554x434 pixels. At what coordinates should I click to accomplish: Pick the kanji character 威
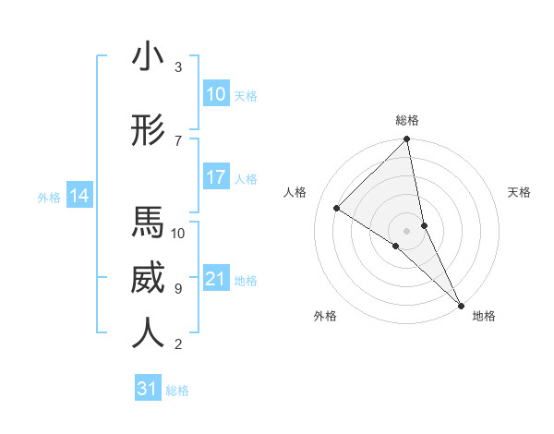[148, 278]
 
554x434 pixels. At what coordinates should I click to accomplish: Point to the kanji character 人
[148, 333]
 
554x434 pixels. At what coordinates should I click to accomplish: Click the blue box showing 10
[215, 94]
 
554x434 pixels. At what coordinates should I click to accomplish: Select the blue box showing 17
[215, 177]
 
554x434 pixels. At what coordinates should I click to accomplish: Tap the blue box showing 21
[215, 279]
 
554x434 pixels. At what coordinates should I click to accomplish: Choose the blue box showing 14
[79, 196]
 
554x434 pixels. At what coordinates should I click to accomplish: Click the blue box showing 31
[148, 389]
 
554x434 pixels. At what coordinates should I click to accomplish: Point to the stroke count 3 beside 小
[178, 67]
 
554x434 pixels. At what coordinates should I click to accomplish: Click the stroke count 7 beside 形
[178, 140]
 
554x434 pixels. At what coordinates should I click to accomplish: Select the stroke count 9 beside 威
[178, 288]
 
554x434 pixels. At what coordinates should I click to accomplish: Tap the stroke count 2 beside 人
[178, 344]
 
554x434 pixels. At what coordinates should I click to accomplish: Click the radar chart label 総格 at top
[407, 120]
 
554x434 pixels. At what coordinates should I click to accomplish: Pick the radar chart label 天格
[520, 192]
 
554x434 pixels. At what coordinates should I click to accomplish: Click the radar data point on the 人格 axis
[337, 208]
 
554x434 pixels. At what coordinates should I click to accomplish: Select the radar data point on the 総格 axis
[407, 140]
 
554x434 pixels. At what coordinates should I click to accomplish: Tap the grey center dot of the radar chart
[407, 230]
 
